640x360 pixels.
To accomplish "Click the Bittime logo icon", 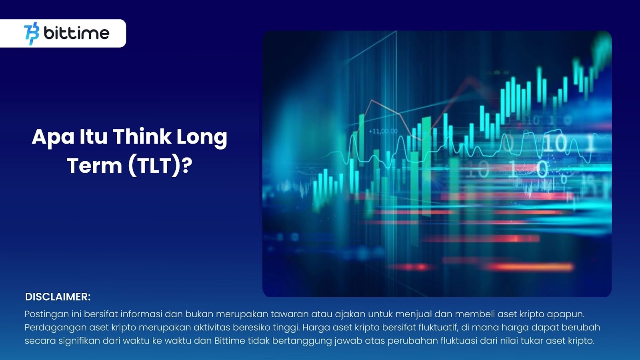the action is click(x=32, y=34).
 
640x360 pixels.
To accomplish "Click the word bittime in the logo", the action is click(x=76, y=33).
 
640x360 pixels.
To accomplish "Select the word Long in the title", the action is click(x=202, y=138).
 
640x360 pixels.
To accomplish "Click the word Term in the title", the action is click(x=94, y=166).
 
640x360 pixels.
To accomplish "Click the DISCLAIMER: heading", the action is click(x=58, y=297).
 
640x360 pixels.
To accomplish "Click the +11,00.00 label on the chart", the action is click(x=383, y=132).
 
